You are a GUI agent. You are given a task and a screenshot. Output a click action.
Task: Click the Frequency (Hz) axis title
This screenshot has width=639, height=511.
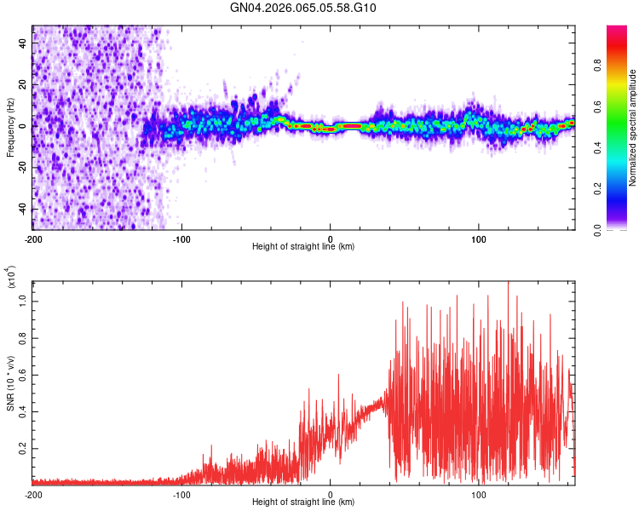pos(10,126)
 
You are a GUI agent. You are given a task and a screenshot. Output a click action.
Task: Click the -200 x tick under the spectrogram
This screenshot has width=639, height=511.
pos(33,238)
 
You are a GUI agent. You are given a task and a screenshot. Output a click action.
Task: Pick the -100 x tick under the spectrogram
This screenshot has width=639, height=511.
pos(181,238)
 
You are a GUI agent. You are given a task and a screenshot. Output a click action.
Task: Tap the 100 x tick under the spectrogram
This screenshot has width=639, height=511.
pos(479,238)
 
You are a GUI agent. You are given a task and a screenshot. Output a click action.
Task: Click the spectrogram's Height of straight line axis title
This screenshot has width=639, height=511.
pos(303,247)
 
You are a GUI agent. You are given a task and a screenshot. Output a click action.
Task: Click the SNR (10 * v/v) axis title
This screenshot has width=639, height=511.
pos(10,379)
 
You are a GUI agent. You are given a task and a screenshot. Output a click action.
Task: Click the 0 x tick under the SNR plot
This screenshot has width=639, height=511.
pos(331,494)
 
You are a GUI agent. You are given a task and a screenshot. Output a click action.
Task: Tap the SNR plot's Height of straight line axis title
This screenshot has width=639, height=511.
pos(303,502)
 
